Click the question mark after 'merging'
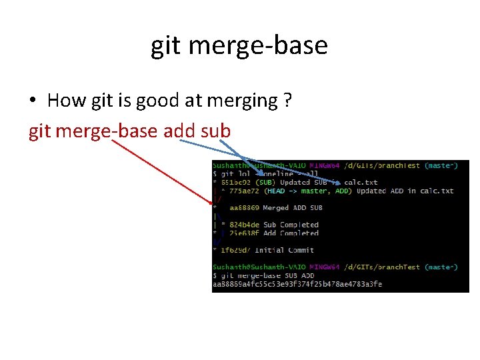(287, 101)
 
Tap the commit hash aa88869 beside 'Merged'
(244, 208)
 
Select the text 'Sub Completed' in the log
(291, 225)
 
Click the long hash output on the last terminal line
(297, 284)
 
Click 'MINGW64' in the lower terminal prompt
(323, 267)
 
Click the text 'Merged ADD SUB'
(293, 208)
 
